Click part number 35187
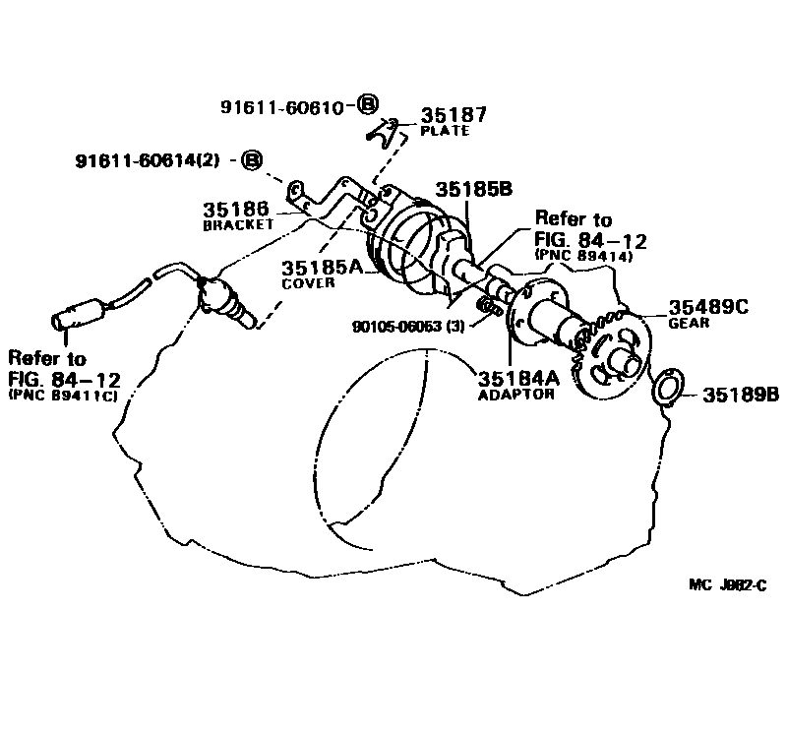point(454,115)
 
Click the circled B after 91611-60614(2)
point(253,159)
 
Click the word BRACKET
point(237,225)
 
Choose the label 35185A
point(323,267)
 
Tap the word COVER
point(310,282)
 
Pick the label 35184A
point(519,378)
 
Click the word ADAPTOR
point(515,395)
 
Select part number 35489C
point(708,307)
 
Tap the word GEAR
point(687,323)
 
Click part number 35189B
point(740,396)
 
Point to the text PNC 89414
point(581,253)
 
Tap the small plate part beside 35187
point(387,129)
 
